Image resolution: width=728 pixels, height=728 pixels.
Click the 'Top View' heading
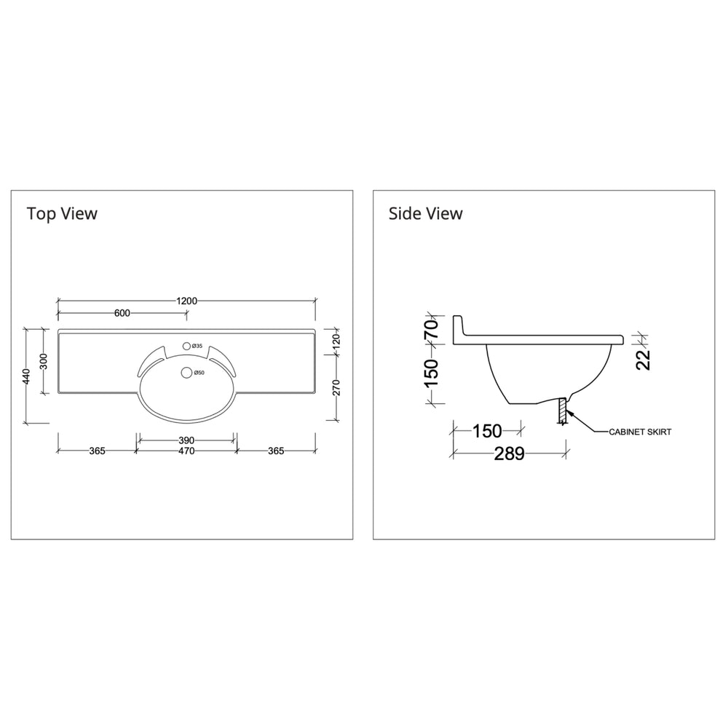coord(62,213)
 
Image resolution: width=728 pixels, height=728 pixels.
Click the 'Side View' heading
coord(425,213)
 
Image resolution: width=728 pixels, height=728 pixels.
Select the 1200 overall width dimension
coord(186,301)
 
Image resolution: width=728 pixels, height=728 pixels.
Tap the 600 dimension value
coord(122,313)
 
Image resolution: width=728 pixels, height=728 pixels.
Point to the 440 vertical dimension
coord(26,376)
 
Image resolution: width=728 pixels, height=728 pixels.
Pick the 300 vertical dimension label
coord(43,361)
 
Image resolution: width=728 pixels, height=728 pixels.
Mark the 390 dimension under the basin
coord(186,440)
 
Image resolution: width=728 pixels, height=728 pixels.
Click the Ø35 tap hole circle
coord(186,346)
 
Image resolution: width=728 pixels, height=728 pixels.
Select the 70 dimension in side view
coord(431,327)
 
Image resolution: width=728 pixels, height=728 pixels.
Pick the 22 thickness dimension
coord(643,358)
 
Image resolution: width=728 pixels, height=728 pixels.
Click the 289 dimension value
coord(510,454)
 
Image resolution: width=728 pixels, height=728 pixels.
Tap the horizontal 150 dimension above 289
coord(487,431)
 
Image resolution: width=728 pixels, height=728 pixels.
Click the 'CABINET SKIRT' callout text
coord(640,432)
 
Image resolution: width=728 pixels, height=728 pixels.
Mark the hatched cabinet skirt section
coord(562,411)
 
